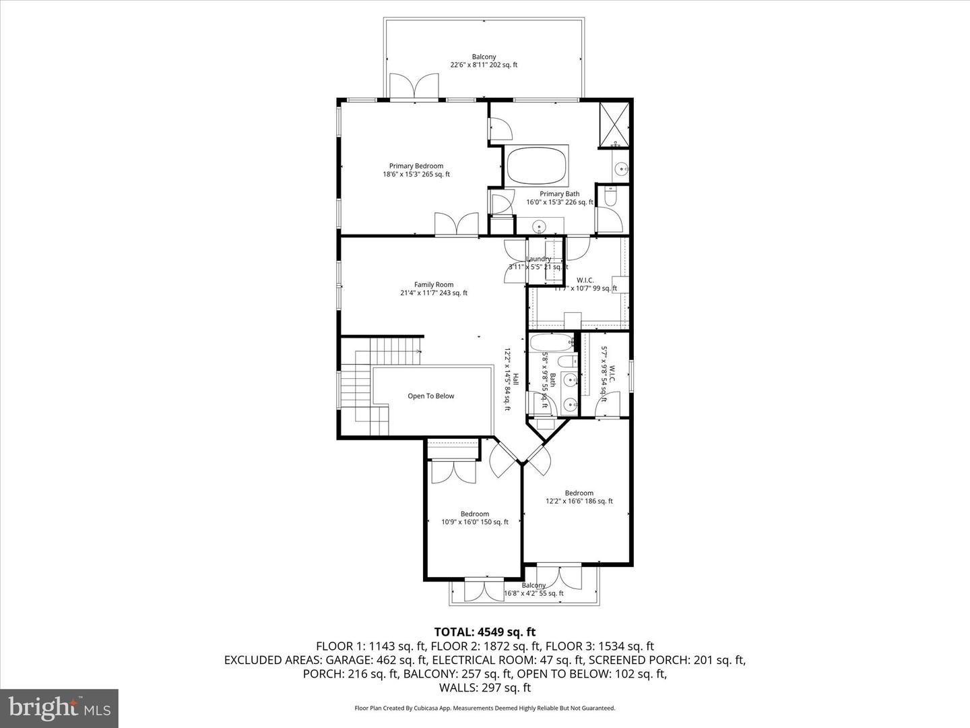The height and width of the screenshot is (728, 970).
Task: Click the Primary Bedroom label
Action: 416,166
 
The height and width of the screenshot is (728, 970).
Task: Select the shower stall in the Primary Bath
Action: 616,124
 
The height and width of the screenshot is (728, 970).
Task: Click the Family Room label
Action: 433,285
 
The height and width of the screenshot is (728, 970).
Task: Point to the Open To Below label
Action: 430,396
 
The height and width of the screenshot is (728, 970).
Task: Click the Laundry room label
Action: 538,259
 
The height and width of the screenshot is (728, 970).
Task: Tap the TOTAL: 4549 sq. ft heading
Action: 484,632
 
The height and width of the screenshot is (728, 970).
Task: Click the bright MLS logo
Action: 59,708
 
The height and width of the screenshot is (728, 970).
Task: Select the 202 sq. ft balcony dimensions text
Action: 484,65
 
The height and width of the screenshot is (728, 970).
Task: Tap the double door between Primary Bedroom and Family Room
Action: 456,224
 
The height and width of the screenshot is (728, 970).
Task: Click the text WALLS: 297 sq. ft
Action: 484,688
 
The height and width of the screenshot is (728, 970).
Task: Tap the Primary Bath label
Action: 559,194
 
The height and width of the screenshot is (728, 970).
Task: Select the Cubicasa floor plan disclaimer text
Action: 484,708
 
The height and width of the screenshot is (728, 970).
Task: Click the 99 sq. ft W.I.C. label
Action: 585,280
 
